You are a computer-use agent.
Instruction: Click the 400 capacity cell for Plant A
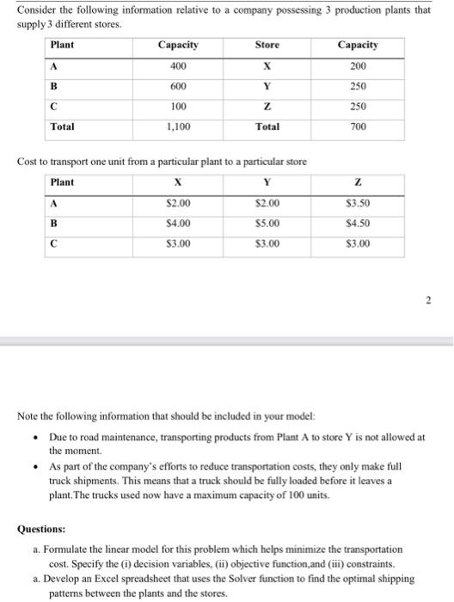(x=179, y=66)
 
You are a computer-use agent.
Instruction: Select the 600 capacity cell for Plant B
(x=179, y=86)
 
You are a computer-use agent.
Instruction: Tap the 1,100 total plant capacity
(x=179, y=126)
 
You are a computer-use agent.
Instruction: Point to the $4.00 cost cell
(x=179, y=224)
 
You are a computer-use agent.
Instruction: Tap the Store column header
(x=267, y=45)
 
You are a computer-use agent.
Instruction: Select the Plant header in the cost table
(x=63, y=182)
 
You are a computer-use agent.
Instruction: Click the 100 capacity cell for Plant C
(x=179, y=107)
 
